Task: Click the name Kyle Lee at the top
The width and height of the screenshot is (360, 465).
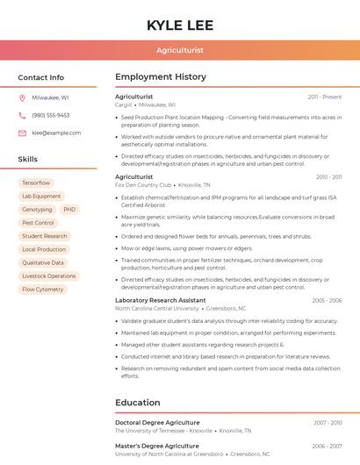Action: tap(180, 25)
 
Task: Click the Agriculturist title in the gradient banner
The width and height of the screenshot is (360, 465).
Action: tap(180, 50)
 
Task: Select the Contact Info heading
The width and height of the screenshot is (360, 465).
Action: tap(40, 77)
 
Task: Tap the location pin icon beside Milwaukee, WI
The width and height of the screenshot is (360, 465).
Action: tap(22, 97)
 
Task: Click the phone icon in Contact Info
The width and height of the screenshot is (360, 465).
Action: tap(22, 115)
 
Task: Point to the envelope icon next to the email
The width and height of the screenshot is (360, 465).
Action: tap(22, 132)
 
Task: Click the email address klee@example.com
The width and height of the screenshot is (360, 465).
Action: tap(56, 132)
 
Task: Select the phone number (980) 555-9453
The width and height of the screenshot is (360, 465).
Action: tap(51, 115)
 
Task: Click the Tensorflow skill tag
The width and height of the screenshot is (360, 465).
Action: tap(36, 183)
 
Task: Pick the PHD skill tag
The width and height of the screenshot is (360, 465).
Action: tap(69, 210)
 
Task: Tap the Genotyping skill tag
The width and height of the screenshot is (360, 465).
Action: tap(37, 210)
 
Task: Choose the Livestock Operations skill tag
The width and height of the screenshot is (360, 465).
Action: tap(48, 276)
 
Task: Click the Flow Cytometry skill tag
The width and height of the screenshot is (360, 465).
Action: tap(42, 290)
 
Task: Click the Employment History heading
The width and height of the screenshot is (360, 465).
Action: tap(160, 77)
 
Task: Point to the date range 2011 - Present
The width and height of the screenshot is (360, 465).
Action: tap(325, 97)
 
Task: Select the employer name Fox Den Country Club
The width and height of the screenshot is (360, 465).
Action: tap(143, 185)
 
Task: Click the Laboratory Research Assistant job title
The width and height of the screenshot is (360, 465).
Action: tap(160, 300)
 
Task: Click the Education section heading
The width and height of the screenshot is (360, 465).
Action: tap(137, 403)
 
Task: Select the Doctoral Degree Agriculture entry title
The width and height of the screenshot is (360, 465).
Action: tap(157, 423)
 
